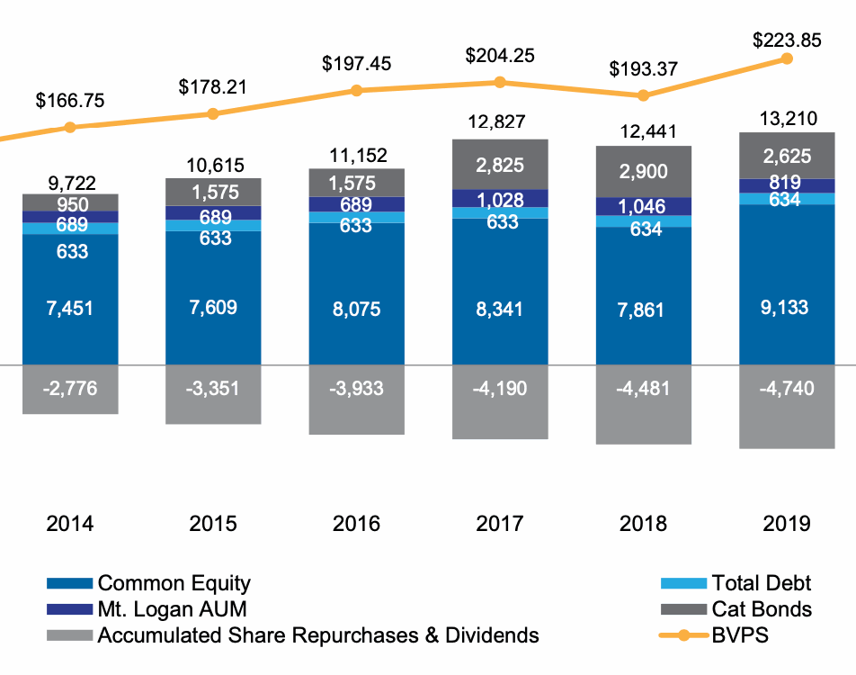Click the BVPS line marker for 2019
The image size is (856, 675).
tap(787, 58)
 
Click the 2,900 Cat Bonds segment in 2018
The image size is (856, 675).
tap(644, 171)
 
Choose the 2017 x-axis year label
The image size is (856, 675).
tap(500, 524)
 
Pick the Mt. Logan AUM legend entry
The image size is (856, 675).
tap(171, 609)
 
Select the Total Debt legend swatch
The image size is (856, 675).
tap(684, 584)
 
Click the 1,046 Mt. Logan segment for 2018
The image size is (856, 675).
tap(644, 206)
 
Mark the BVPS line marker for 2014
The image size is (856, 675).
tap(70, 127)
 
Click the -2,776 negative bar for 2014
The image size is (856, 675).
tap(70, 389)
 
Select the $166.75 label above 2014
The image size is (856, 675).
tap(70, 100)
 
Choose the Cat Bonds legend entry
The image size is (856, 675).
tap(761, 609)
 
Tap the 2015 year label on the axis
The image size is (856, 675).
tap(213, 524)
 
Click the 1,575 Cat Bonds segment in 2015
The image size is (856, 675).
tap(213, 191)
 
